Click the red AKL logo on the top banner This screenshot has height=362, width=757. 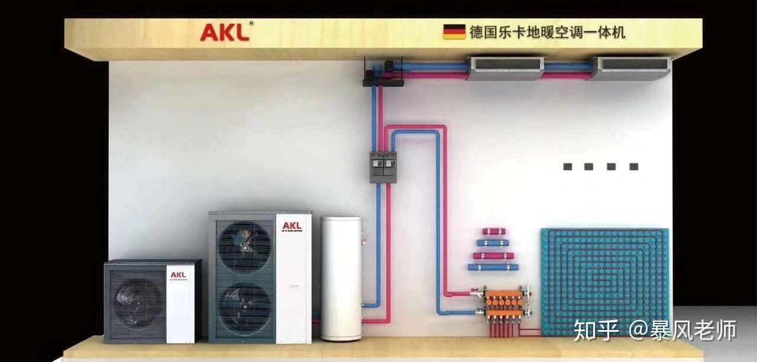(x=225, y=32)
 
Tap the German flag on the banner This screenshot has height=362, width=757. (x=454, y=32)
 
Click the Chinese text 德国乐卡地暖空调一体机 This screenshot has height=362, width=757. (x=547, y=32)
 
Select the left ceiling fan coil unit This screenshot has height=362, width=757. (x=505, y=68)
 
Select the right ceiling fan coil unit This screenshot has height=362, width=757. (x=631, y=68)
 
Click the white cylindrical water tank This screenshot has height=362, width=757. (x=341, y=278)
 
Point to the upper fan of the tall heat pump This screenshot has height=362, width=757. (x=245, y=245)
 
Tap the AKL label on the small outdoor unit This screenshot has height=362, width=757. (x=178, y=275)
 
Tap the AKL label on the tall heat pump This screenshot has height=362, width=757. (x=292, y=226)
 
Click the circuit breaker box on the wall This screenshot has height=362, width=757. (x=383, y=166)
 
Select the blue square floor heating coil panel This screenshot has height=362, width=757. (x=605, y=282)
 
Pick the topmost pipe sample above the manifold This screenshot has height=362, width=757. (x=495, y=231)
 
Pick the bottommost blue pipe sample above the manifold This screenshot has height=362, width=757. (x=493, y=267)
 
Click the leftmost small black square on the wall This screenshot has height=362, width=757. (x=567, y=167)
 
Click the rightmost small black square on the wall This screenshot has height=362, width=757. (x=633, y=167)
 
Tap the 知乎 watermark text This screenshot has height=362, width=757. (x=596, y=330)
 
